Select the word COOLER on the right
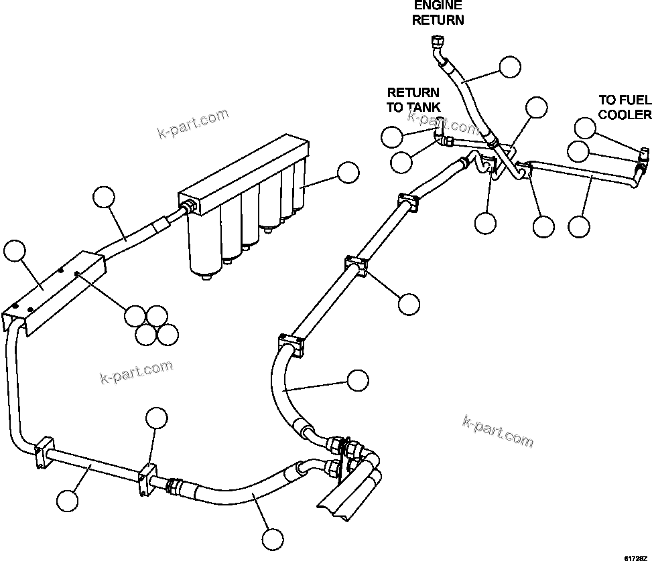click(625, 114)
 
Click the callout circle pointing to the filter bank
click(348, 172)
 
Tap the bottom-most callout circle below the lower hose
click(272, 539)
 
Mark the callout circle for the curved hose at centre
click(358, 380)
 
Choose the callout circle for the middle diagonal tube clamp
click(409, 304)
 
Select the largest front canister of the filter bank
click(205, 248)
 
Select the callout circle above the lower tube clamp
click(156, 417)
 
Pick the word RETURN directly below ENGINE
click(438, 19)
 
